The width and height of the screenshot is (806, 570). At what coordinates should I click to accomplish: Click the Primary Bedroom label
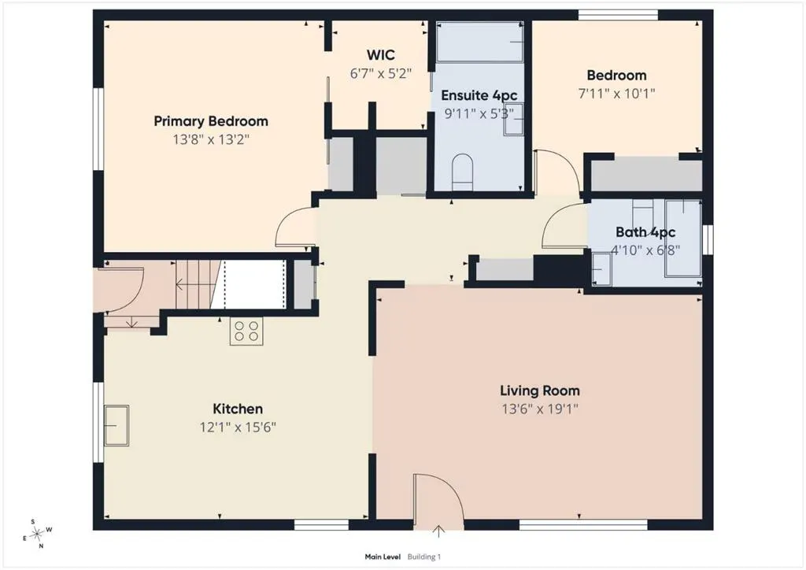click(211, 122)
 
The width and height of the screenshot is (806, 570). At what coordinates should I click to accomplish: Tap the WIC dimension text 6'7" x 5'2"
click(381, 73)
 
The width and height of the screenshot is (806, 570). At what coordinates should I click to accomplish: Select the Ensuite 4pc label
click(479, 95)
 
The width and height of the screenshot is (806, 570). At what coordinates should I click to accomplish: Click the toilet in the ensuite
click(462, 172)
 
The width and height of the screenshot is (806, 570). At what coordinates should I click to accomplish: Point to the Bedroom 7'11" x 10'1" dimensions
click(616, 94)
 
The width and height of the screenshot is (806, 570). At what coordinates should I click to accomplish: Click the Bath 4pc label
click(645, 232)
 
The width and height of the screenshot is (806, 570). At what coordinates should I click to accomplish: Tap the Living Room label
click(540, 390)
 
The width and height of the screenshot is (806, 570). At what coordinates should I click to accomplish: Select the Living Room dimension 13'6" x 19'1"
click(540, 409)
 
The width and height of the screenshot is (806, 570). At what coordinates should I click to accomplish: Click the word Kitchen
click(238, 409)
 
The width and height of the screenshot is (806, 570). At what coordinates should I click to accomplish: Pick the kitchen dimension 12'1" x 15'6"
click(238, 427)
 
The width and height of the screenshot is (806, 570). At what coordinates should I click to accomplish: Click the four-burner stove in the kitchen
click(246, 331)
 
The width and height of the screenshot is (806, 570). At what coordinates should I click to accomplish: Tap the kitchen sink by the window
click(116, 425)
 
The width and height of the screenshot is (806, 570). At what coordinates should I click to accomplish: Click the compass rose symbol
click(38, 535)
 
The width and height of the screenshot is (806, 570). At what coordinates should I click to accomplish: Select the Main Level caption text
click(383, 557)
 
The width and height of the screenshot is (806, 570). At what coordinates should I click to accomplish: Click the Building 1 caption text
click(424, 557)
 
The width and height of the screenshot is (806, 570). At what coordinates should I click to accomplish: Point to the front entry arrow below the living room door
click(438, 531)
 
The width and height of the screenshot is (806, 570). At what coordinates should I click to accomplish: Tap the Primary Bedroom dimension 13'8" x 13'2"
click(211, 140)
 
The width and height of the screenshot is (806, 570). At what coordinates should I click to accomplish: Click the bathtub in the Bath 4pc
click(683, 238)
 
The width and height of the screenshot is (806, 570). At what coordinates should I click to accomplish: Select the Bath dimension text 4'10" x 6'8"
click(645, 250)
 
